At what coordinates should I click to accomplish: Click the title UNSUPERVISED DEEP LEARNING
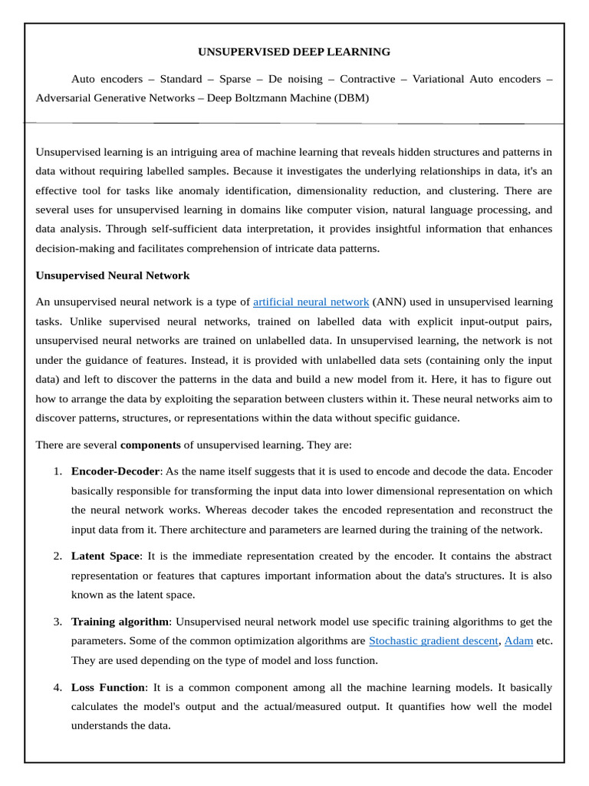pos(294,52)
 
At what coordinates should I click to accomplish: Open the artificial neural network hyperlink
pos(311,302)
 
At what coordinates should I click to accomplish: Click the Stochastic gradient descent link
pos(433,640)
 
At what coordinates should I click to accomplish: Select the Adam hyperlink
pos(518,640)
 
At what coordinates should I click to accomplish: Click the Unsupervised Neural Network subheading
pos(113,275)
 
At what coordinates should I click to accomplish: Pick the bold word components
pos(150,444)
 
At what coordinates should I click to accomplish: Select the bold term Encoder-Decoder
pos(115,471)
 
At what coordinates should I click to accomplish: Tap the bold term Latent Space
pos(106,556)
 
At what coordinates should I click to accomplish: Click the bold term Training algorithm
pos(120,621)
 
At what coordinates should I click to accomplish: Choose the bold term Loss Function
pos(108,687)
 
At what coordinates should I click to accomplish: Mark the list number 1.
pos(58,471)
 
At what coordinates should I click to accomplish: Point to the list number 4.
pos(58,687)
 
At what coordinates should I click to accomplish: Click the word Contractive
pos(367,79)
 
